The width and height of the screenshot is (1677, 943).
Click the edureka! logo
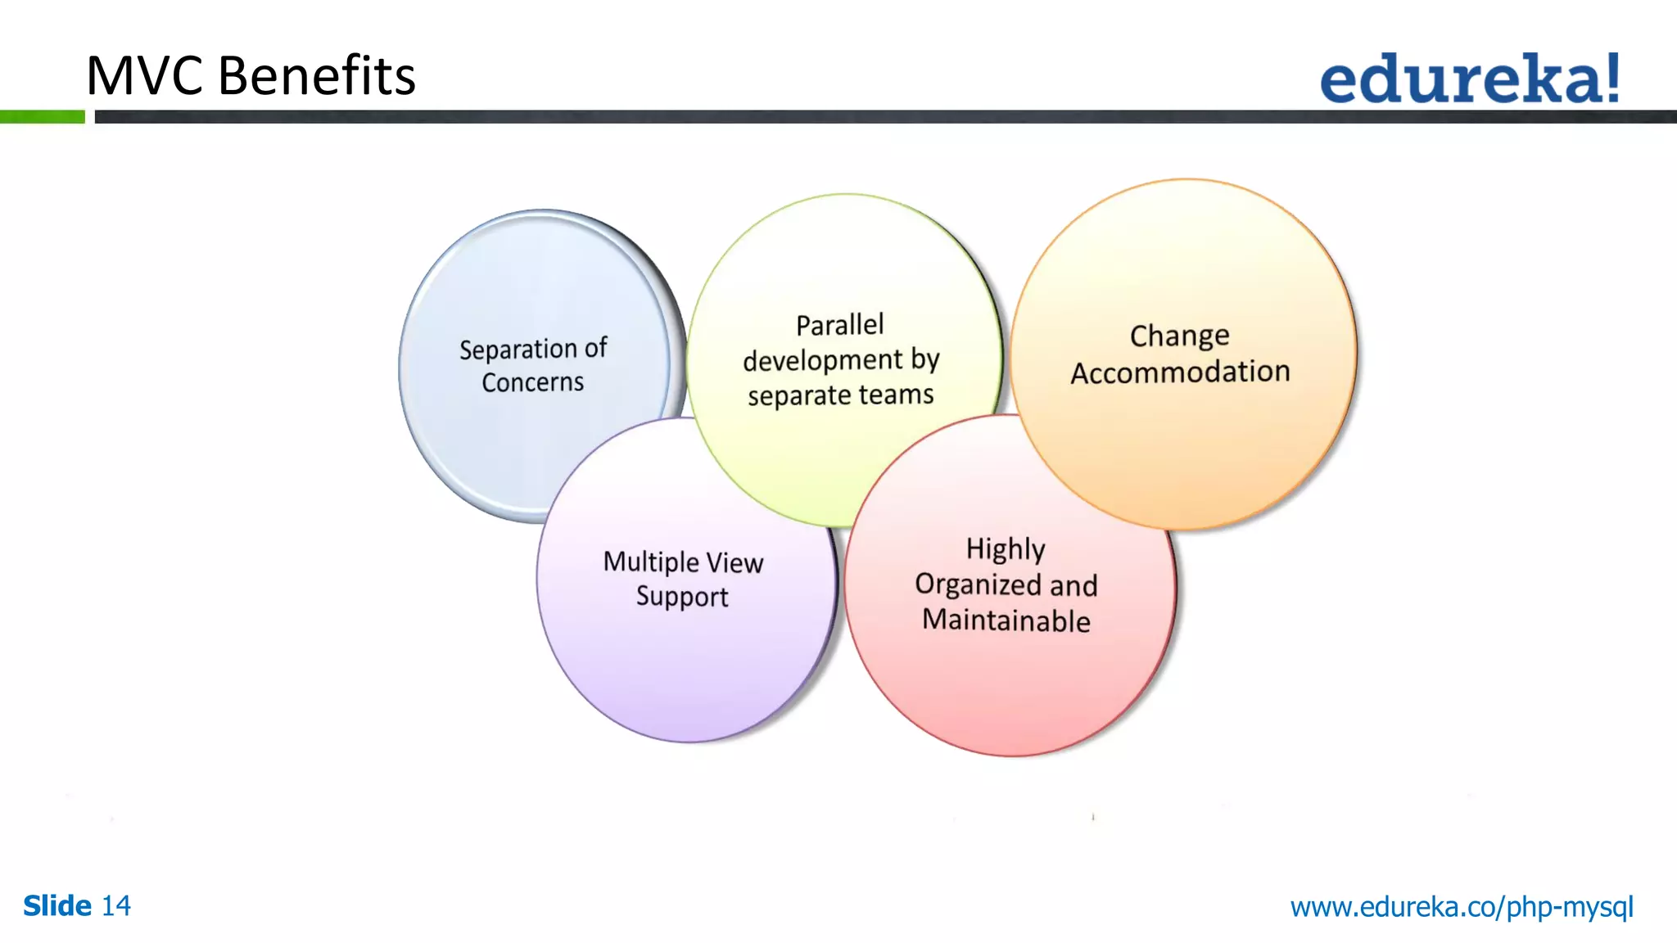point(1469,79)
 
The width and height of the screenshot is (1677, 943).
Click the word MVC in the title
point(144,76)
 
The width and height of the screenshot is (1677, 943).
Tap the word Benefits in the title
point(317,76)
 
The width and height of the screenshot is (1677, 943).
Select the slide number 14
point(115,906)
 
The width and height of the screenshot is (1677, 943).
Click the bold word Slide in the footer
point(57,906)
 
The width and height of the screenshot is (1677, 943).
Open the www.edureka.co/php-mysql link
point(1462,907)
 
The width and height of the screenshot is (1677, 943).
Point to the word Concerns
point(532,382)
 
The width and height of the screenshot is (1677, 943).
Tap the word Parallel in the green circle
point(840,325)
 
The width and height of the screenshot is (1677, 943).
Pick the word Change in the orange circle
point(1179,336)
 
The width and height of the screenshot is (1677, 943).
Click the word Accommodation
point(1180,372)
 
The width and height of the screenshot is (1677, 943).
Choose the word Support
point(682,597)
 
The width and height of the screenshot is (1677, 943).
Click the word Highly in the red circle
point(1006,549)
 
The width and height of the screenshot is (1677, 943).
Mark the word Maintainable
point(1006,620)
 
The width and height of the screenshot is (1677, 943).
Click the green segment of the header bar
point(42,117)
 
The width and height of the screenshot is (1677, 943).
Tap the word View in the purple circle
point(735,563)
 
